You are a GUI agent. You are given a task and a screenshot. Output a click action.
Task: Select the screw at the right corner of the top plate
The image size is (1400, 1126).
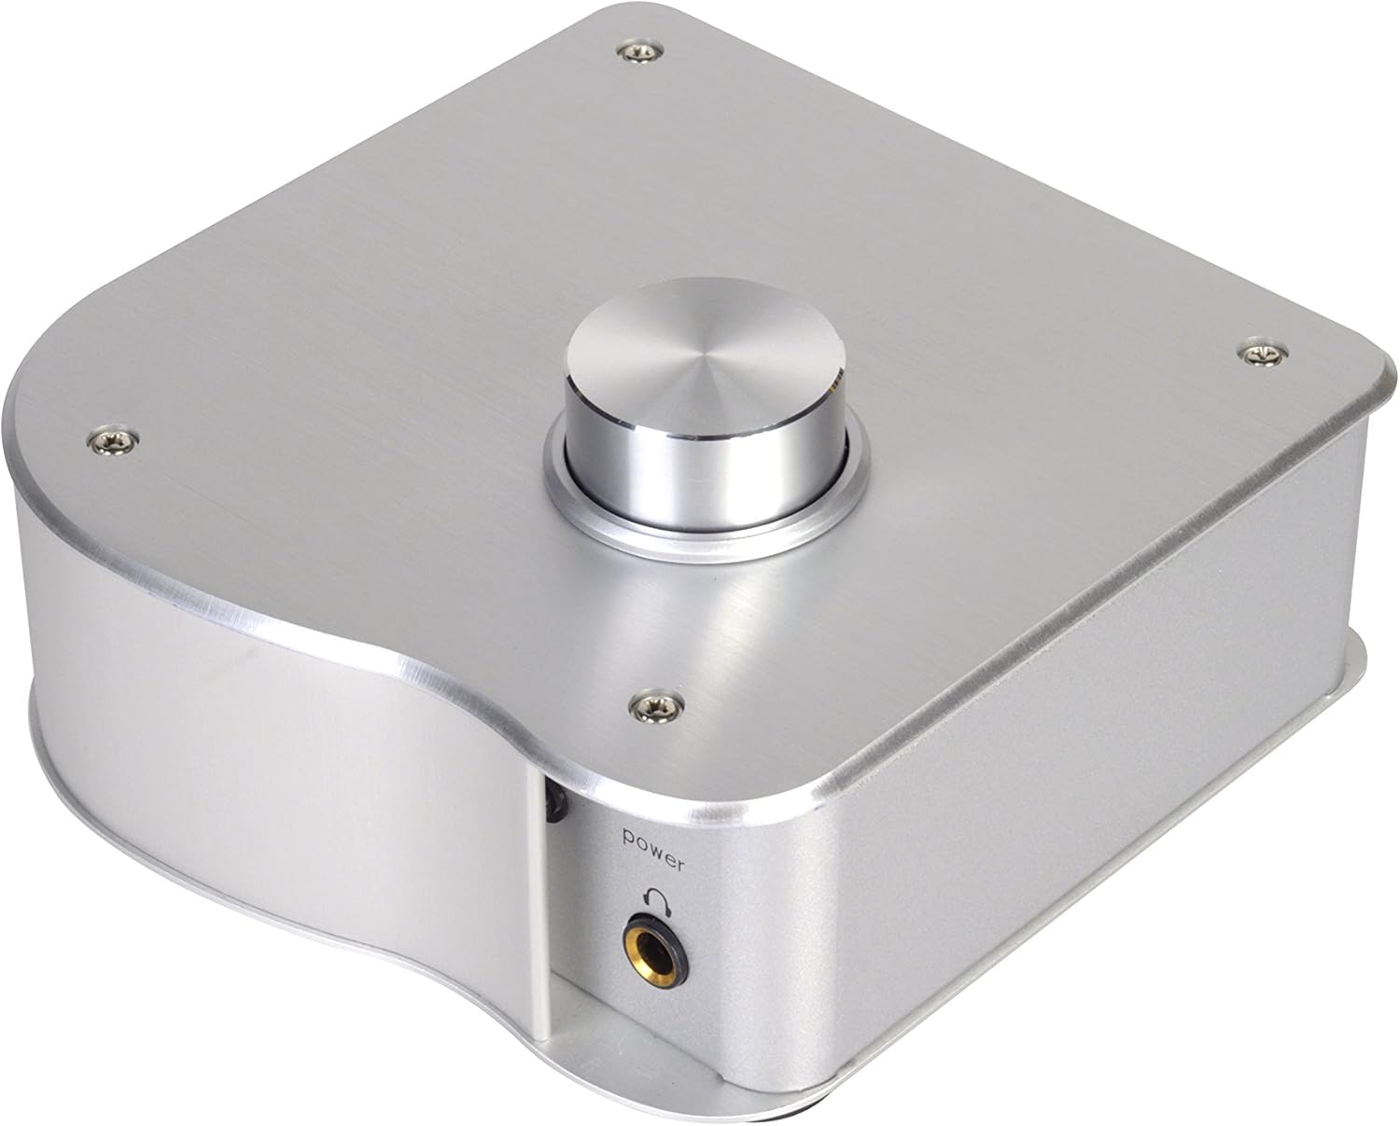coord(1262,352)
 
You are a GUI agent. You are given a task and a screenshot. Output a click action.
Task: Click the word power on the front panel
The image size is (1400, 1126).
coord(656,839)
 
